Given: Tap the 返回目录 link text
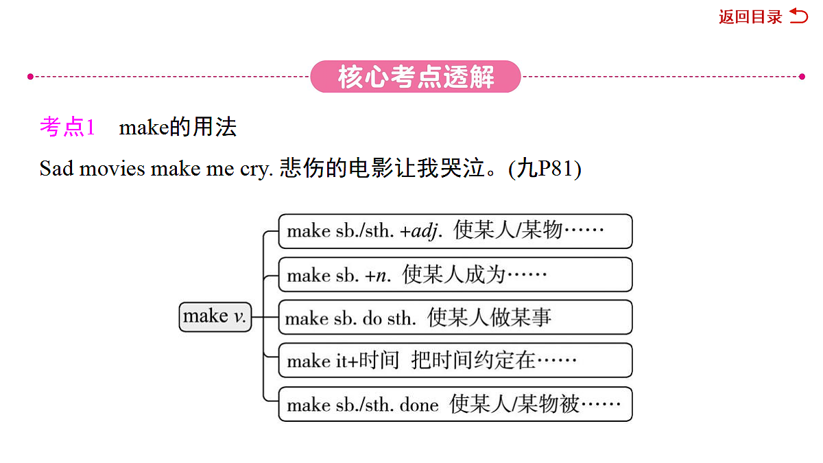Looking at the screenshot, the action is click(750, 17).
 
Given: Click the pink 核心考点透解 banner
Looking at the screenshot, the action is click(416, 76).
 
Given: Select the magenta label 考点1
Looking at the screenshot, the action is click(67, 127).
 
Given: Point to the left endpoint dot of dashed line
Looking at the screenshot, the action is click(30, 76).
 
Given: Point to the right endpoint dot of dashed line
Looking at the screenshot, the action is click(802, 76).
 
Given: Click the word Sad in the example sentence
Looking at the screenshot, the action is click(56, 169).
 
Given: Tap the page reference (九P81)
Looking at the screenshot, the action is click(545, 169).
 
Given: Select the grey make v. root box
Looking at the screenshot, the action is click(215, 317).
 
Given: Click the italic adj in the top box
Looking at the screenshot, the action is click(425, 232).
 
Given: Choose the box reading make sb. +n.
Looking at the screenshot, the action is click(455, 275).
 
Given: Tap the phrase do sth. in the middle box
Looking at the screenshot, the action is click(389, 318).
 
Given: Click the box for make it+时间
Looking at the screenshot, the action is click(455, 361).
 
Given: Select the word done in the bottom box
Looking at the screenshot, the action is click(419, 405).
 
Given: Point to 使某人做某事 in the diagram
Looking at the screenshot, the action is click(488, 318).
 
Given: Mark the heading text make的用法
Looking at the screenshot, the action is click(178, 128).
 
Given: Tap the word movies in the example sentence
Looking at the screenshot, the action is click(112, 169).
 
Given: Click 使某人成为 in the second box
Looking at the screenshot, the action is click(453, 275).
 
